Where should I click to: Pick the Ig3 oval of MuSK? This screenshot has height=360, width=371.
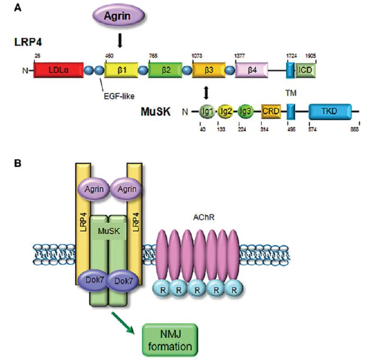click(x=245, y=112)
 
